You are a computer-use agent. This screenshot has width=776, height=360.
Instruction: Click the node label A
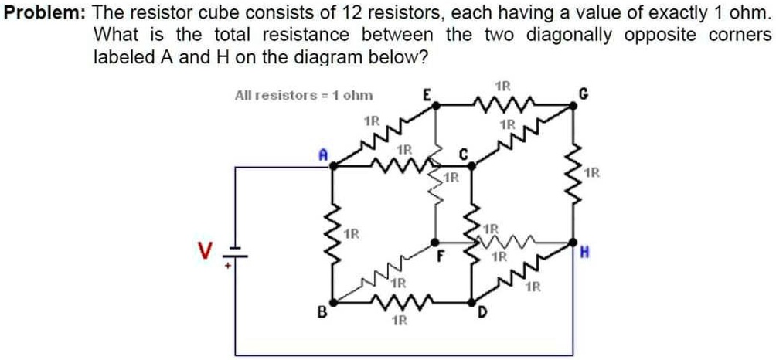pyautogui.click(x=324, y=155)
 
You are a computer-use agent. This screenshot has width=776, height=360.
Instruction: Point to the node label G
pyautogui.click(x=585, y=95)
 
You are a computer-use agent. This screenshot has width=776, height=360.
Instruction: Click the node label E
pyautogui.click(x=426, y=95)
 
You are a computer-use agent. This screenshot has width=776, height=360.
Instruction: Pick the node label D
pyautogui.click(x=482, y=313)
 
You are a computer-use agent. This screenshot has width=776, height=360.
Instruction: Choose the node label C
pyautogui.click(x=464, y=153)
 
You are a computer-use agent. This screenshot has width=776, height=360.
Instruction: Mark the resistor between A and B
pyautogui.click(x=333, y=232)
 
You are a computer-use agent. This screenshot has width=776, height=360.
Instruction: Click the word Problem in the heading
pyautogui.click(x=46, y=14)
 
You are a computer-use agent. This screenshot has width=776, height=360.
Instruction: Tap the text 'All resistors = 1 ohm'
pyautogui.click(x=303, y=96)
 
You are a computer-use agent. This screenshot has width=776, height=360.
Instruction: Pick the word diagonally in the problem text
pyautogui.click(x=568, y=36)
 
